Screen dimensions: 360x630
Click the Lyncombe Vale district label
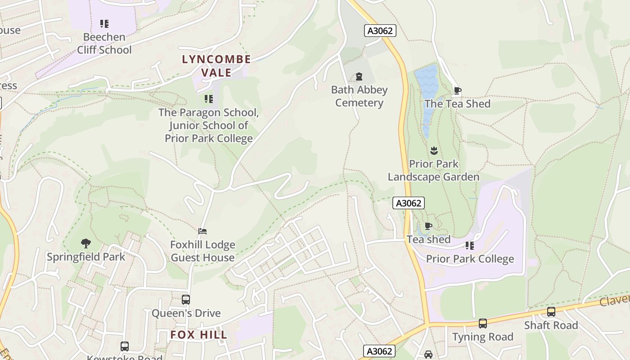pyautogui.click(x=216, y=66)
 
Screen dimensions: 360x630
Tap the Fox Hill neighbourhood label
pyautogui.click(x=198, y=335)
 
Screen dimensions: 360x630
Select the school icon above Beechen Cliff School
pyautogui.click(x=104, y=24)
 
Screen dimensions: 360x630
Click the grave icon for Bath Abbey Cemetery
pyautogui.click(x=359, y=76)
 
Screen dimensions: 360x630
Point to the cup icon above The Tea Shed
pyautogui.click(x=457, y=90)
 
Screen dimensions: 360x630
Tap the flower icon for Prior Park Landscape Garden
pyautogui.click(x=434, y=150)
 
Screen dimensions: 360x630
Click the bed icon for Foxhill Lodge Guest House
pyautogui.click(x=202, y=231)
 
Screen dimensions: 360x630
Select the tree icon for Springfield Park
pyautogui.click(x=86, y=243)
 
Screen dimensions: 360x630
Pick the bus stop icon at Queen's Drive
pyautogui.click(x=185, y=300)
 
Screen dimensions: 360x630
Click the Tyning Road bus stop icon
pyautogui.click(x=482, y=324)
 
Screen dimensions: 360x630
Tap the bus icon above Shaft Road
pyautogui.click(x=551, y=312)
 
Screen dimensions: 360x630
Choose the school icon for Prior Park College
pyautogui.click(x=469, y=246)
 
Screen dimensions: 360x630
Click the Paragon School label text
pyautogui.click(x=208, y=126)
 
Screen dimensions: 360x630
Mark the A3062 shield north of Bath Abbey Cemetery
pyautogui.click(x=380, y=31)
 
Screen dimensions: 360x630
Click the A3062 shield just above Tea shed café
pyautogui.click(x=409, y=203)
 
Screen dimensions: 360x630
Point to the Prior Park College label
pyautogui.click(x=469, y=259)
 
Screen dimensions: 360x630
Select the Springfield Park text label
pyautogui.click(x=86, y=257)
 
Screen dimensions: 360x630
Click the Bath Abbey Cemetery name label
pyautogui.click(x=359, y=96)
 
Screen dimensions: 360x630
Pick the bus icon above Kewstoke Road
pyautogui.click(x=124, y=346)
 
